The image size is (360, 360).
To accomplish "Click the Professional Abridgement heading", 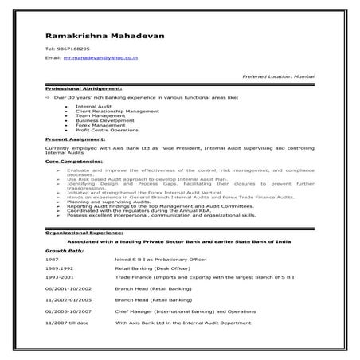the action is [84, 88].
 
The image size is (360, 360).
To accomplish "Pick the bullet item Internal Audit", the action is [95, 105].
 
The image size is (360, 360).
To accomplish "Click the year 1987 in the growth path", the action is [52, 260].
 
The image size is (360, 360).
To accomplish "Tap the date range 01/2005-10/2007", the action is [68, 312].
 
